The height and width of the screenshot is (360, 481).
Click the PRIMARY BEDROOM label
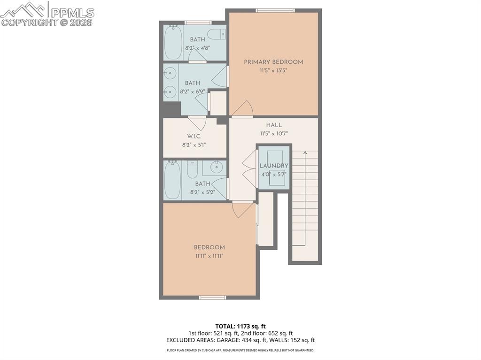(273, 62)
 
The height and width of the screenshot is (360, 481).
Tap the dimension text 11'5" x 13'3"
(273, 70)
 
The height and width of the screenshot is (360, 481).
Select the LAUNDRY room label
(274, 166)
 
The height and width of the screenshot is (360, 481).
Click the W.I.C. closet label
(194, 136)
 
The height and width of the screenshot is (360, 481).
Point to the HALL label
(274, 125)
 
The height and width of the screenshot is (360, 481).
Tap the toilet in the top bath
(217, 34)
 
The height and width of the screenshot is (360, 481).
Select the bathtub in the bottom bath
(172, 180)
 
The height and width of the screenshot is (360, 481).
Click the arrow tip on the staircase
(305, 152)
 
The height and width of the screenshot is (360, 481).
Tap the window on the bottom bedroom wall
(212, 297)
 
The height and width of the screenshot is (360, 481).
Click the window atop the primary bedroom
(275, 10)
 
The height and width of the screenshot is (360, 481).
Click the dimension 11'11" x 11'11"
(209, 256)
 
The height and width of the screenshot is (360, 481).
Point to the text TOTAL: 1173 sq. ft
(240, 326)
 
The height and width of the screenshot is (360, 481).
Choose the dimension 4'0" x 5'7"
(274, 174)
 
